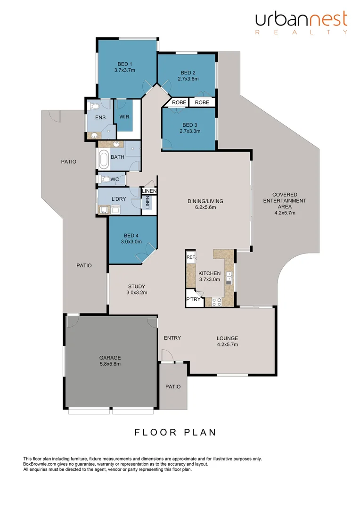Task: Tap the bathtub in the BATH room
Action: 103,160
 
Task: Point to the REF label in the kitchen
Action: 191,257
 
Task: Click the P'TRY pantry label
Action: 194,300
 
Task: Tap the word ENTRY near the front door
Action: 172,338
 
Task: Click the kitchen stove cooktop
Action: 217,302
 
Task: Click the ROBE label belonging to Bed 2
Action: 202,102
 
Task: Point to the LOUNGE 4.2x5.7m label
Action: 227,341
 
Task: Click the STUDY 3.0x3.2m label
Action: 137,289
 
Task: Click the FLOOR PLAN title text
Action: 175,432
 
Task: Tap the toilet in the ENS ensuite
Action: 94,107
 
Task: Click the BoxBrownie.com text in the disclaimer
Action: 41,464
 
